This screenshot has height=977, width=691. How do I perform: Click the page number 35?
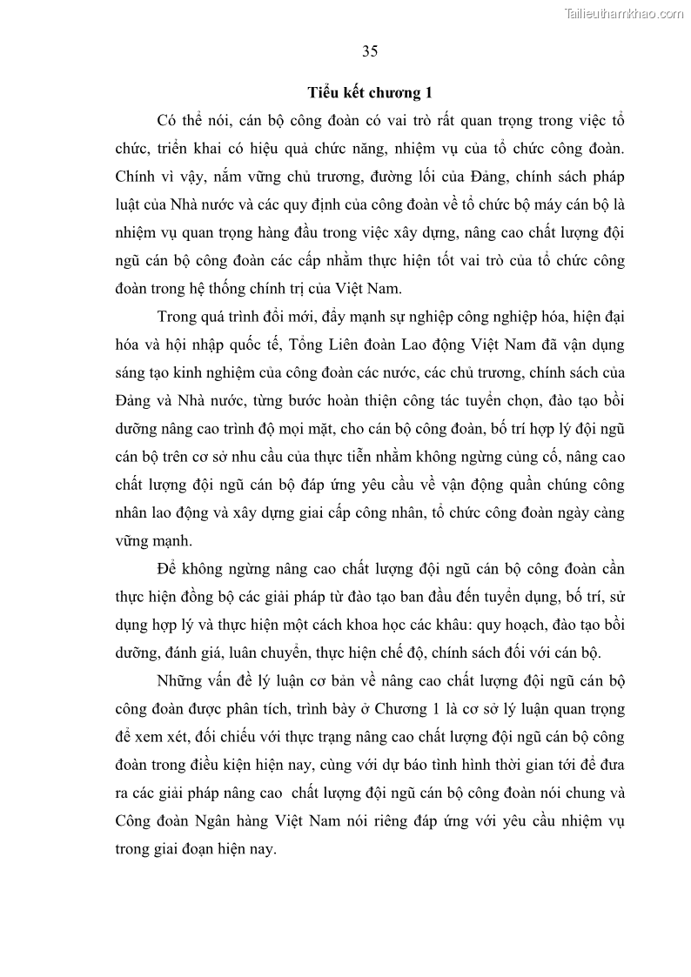[x=370, y=50]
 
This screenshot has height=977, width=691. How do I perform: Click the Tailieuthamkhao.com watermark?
[x=624, y=13]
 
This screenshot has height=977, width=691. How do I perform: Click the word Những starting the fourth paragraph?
[x=180, y=680]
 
